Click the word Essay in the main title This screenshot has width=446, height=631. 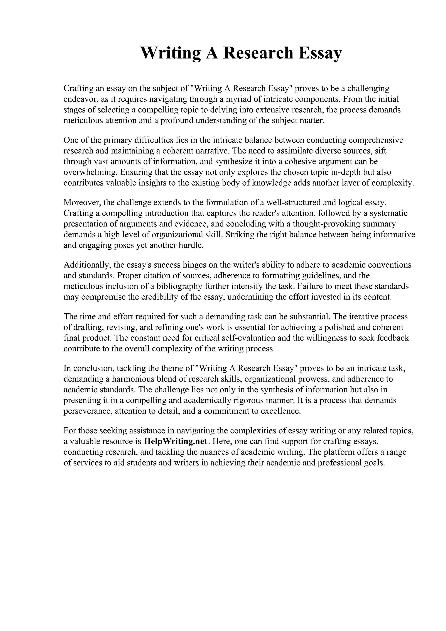320,53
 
